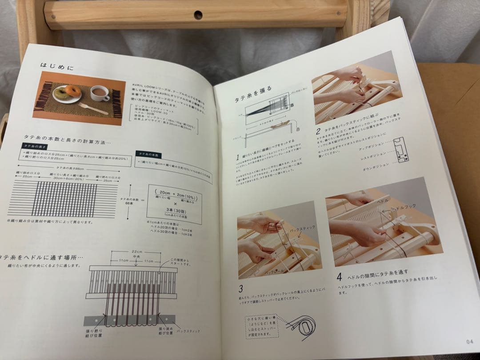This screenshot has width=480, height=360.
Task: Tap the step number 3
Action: pyautogui.click(x=240, y=288)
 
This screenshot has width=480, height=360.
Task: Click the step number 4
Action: pyautogui.click(x=339, y=277)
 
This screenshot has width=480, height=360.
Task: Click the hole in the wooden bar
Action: pyautogui.click(x=198, y=15)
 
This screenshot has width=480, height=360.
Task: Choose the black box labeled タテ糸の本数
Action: pyautogui.click(x=150, y=154)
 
